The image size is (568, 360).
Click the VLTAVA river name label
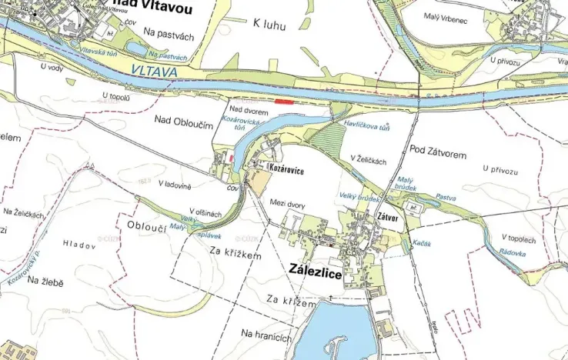[x=155, y=72]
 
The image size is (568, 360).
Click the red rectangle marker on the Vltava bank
[x=284, y=100]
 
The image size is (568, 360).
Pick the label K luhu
[x=269, y=25]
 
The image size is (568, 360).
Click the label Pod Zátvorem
[x=438, y=154]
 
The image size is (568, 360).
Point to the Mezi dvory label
[x=288, y=204]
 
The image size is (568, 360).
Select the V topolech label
[x=518, y=238]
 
